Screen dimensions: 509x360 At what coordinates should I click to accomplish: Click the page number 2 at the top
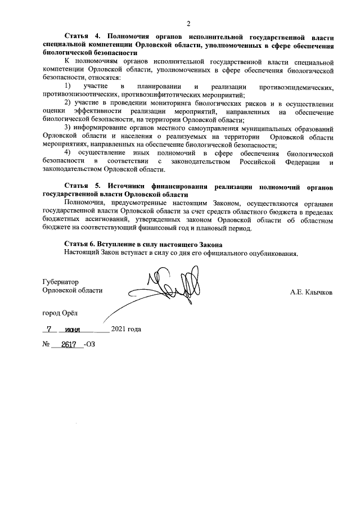(189, 23)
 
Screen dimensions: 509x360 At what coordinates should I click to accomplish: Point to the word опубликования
(273, 253)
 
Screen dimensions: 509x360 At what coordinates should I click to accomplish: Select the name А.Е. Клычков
(310, 292)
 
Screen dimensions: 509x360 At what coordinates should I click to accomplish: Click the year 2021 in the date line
(119, 330)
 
